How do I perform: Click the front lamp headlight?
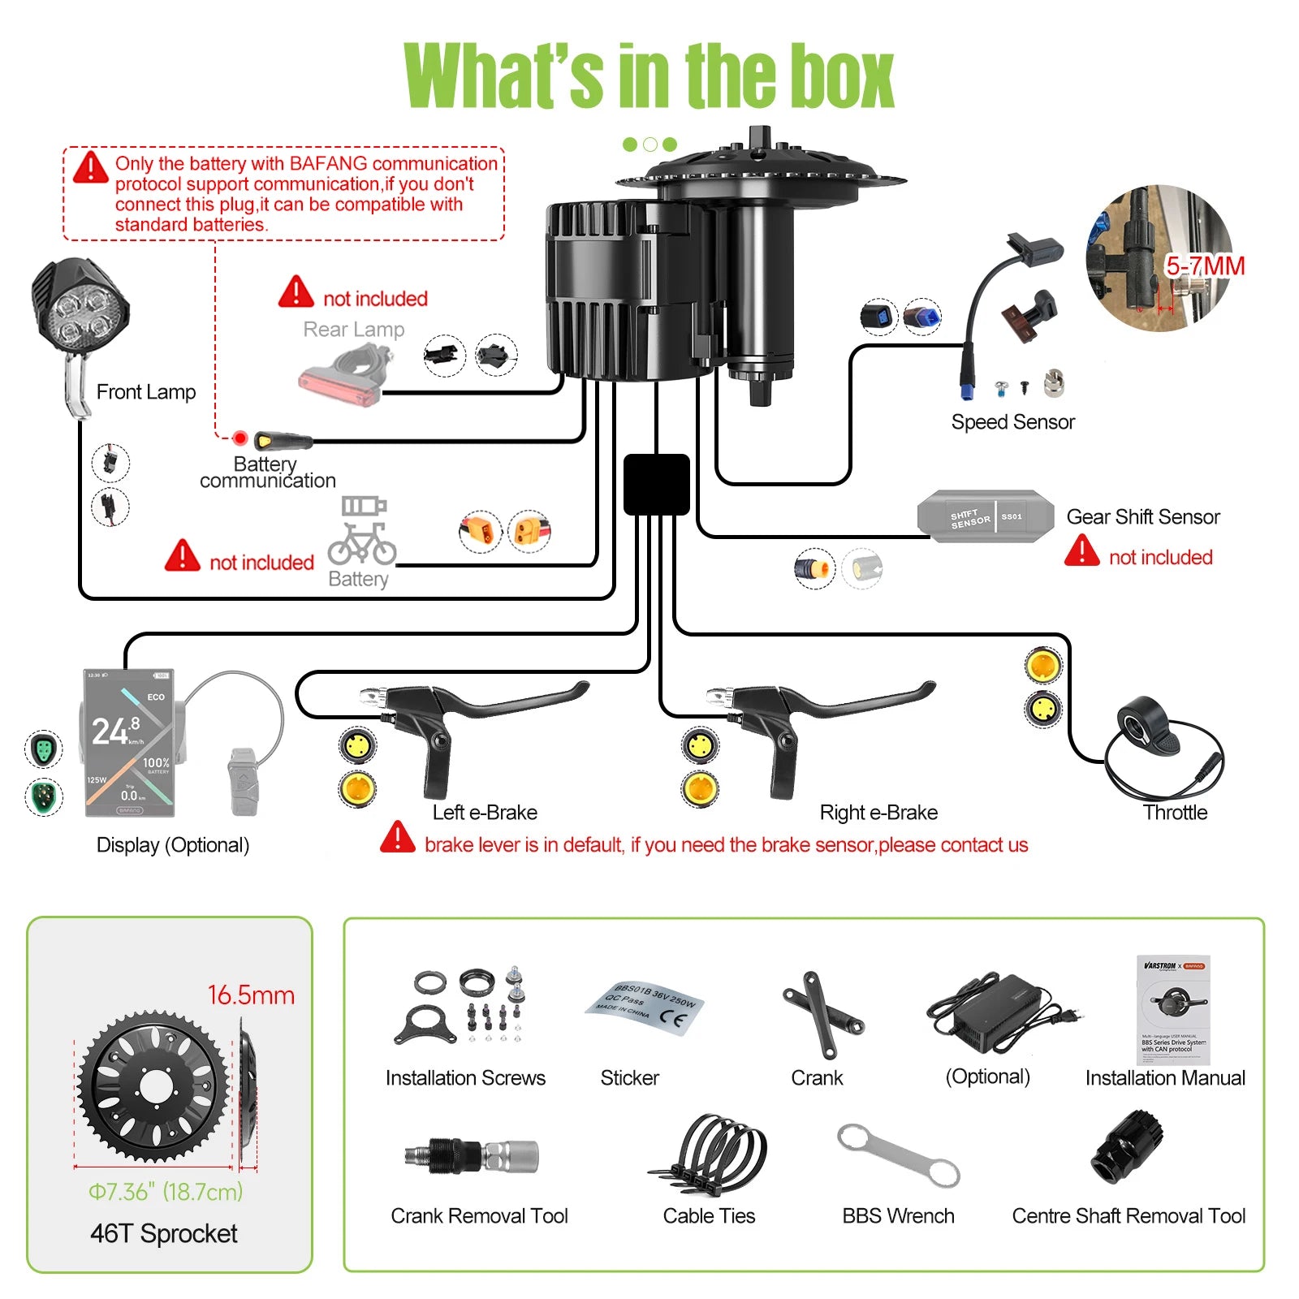80,313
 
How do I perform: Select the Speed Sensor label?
1012,422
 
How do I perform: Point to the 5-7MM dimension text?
1205,266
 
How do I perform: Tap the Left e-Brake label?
485,813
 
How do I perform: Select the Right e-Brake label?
878,813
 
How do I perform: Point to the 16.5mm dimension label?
251,995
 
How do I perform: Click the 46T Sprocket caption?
164,1234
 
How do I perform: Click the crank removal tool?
471,1154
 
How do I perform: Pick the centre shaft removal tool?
1129,1148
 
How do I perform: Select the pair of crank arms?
822,1014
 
